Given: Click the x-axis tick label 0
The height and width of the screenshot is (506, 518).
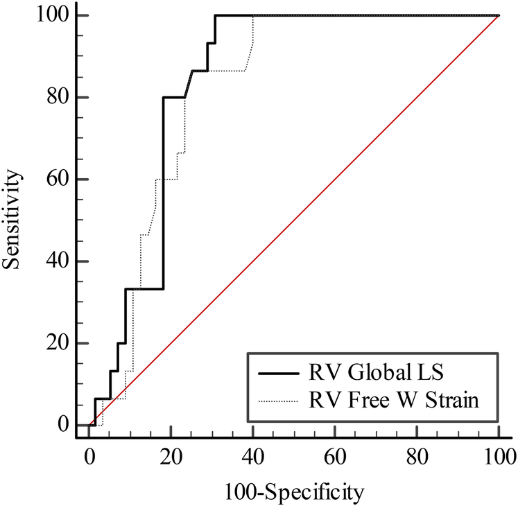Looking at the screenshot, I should pyautogui.click(x=89, y=455).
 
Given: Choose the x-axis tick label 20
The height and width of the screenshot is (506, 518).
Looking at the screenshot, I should pyautogui.click(x=171, y=455).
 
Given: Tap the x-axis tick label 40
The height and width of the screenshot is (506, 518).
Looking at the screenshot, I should pyautogui.click(x=252, y=455).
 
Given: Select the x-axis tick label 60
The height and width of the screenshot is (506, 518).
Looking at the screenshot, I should pyautogui.click(x=334, y=455).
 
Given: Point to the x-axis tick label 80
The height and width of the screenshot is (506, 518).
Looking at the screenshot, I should pyautogui.click(x=416, y=455).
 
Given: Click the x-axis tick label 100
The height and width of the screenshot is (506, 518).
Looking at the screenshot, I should pyautogui.click(x=498, y=455).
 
